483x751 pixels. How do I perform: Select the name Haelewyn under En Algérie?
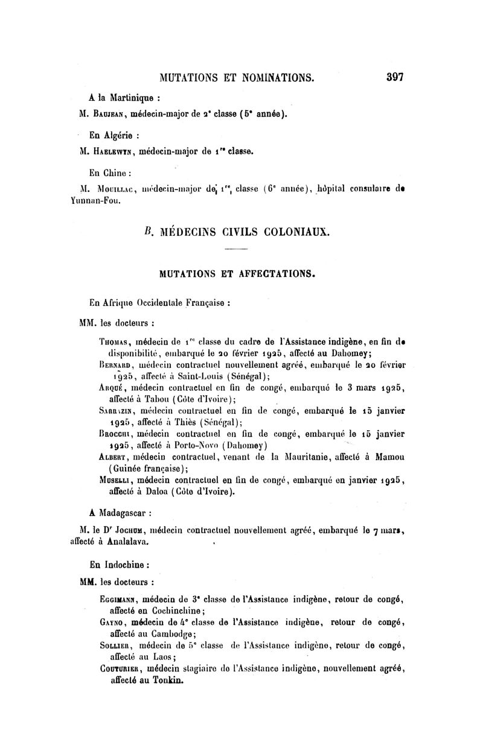tap(113, 153)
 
